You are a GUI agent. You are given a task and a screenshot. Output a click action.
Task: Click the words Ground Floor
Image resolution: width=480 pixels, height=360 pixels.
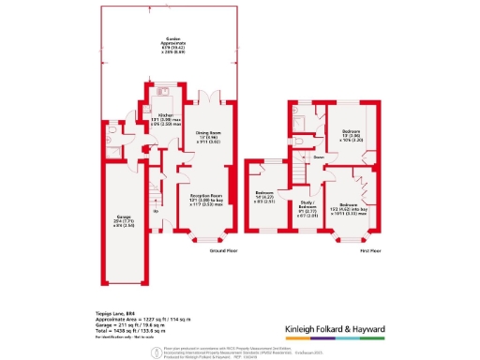[222, 252]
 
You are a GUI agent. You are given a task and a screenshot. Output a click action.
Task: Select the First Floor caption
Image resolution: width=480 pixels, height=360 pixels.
[369, 252]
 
